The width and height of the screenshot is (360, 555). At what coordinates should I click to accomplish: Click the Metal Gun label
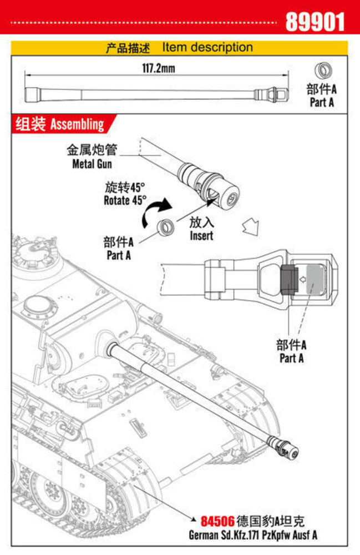pos(92,157)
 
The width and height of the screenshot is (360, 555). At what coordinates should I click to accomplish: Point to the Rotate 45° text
pos(125,194)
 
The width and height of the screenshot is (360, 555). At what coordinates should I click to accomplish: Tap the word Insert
pos(201,229)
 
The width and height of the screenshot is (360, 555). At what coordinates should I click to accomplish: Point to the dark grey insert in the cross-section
pos(288,279)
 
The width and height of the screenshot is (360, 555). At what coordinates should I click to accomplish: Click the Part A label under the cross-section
pos(291,352)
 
